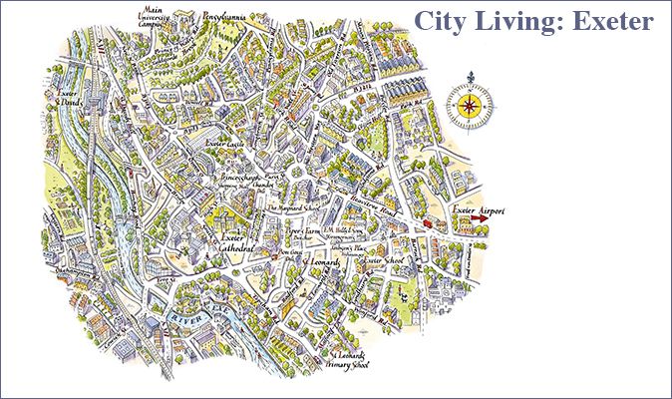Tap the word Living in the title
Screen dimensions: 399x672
click(516, 21)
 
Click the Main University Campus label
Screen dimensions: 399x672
click(159, 17)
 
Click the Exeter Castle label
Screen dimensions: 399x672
click(225, 144)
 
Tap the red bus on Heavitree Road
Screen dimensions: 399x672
click(431, 224)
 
